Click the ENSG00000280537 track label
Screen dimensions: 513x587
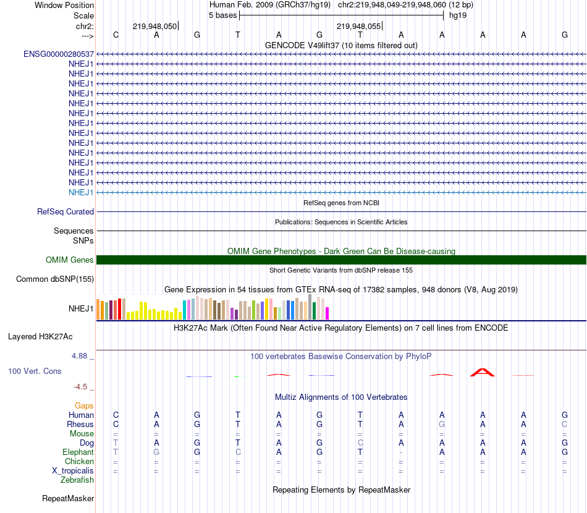pyautogui.click(x=59, y=54)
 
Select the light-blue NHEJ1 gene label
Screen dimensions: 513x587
pyautogui.click(x=81, y=192)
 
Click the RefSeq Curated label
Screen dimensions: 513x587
pyautogui.click(x=65, y=211)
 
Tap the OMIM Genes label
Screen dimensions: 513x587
pyautogui.click(x=70, y=260)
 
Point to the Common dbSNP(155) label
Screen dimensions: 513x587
pyautogui.click(x=55, y=279)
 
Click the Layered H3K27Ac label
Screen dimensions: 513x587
pyautogui.click(x=40, y=337)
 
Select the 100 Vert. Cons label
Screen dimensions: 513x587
pyautogui.click(x=35, y=371)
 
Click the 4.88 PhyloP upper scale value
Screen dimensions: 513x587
pyautogui.click(x=80, y=356)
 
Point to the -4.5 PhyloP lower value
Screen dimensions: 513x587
pyautogui.click(x=81, y=387)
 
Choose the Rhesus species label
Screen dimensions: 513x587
pyautogui.click(x=80, y=425)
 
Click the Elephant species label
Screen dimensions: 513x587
pyautogui.click(x=78, y=452)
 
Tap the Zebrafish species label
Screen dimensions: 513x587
pyautogui.click(x=77, y=480)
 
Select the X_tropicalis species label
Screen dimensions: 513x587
pyautogui.click(x=73, y=471)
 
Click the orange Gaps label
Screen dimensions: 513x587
pyautogui.click(x=84, y=405)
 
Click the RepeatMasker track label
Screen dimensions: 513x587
pyautogui.click(x=68, y=498)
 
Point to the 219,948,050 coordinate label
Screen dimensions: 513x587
pyautogui.click(x=154, y=27)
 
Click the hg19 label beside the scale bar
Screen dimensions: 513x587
pyautogui.click(x=458, y=15)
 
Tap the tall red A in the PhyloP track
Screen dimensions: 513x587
pyautogui.click(x=482, y=372)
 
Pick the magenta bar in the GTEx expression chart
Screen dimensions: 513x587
pyautogui.click(x=327, y=313)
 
